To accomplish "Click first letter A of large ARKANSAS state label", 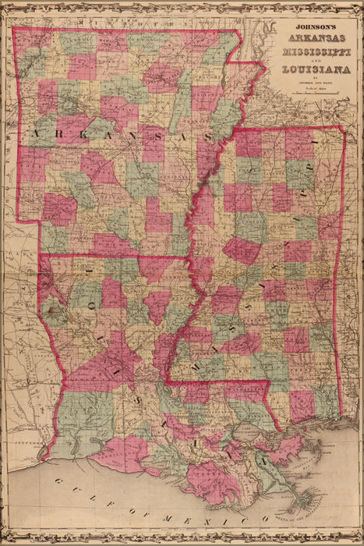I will (x=34, y=134).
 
